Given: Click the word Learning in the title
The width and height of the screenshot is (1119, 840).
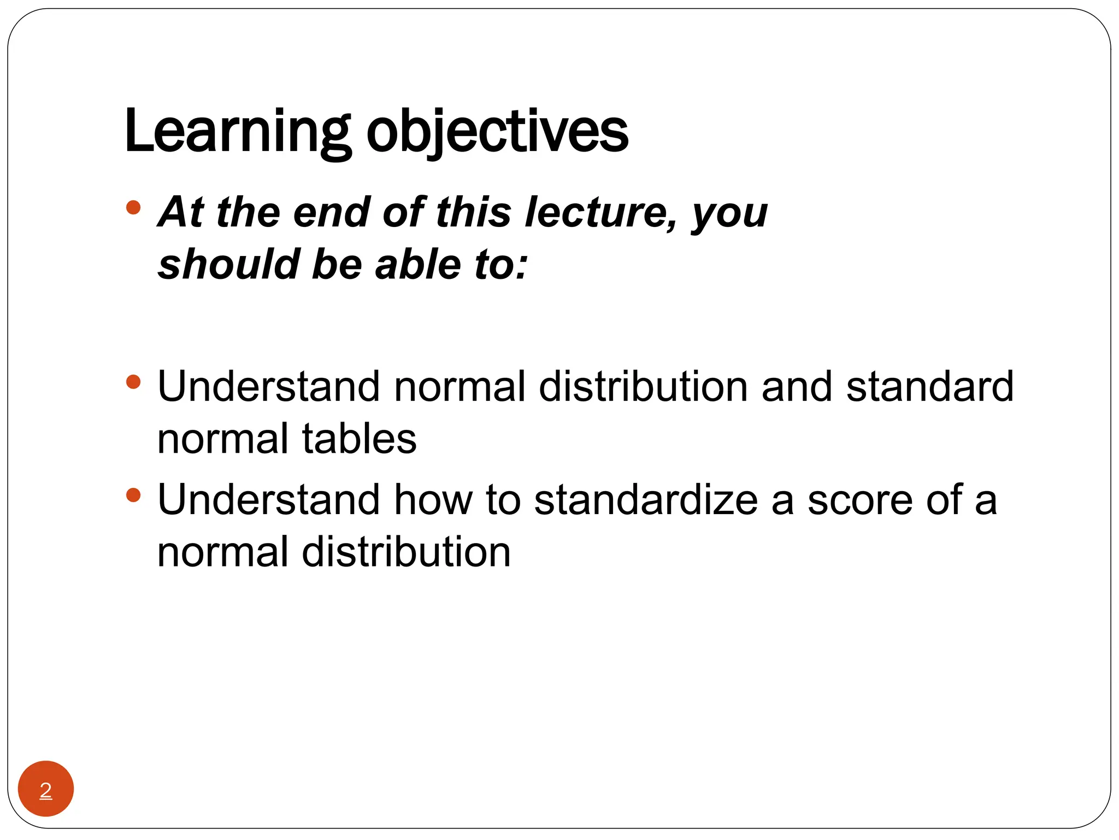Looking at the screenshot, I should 237,132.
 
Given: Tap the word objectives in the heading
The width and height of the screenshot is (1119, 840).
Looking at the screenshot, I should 497,132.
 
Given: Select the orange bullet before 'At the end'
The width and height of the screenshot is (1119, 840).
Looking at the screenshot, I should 133,207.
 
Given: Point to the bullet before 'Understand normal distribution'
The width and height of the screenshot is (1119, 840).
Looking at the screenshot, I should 133,381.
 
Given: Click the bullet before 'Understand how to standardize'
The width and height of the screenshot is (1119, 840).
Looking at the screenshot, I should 133,495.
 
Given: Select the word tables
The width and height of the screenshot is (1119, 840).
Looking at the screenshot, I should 359,439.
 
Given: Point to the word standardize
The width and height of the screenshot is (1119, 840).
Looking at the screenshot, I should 646,500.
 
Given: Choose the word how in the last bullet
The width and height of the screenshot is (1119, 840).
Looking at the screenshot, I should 433,500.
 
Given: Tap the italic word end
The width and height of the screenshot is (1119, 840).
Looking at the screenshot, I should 332,212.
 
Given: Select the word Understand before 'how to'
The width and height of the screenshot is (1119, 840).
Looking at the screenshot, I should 268,500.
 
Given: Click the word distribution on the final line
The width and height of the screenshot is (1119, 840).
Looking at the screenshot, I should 406,552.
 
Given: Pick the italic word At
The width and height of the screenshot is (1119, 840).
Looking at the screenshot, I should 181,212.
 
